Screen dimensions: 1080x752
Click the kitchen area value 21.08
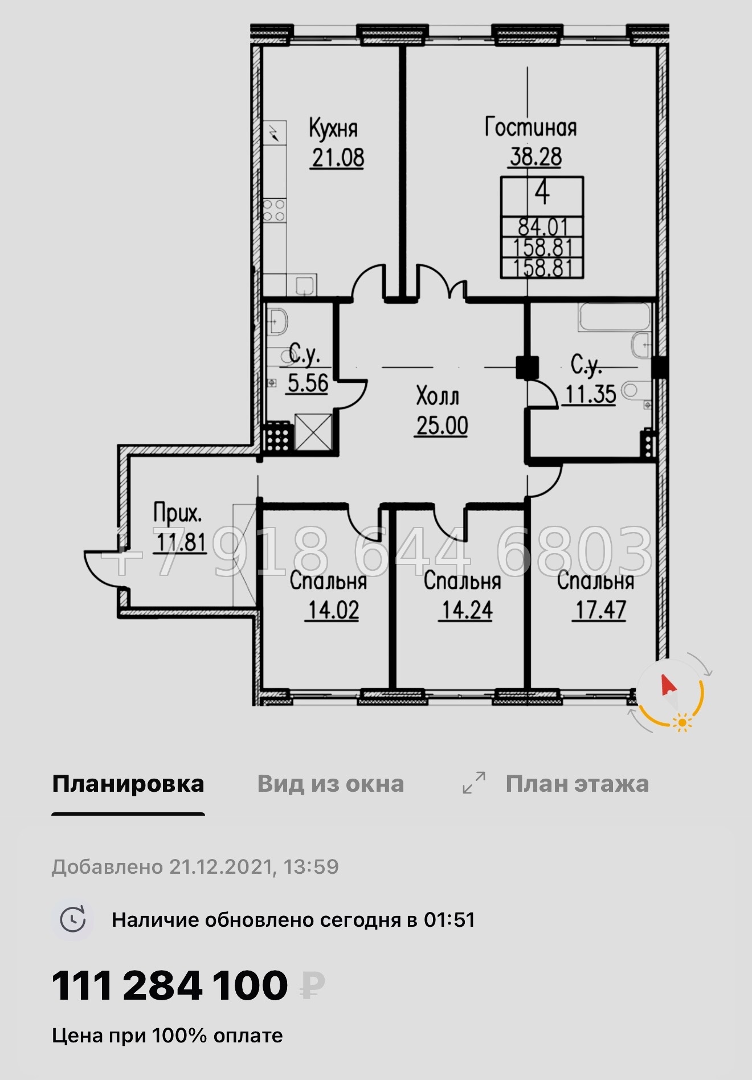click(x=338, y=158)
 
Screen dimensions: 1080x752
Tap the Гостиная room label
click(x=530, y=128)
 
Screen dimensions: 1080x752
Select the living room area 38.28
click(x=535, y=157)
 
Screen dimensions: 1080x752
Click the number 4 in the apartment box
click(x=542, y=193)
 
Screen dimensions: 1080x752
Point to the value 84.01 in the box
click(x=542, y=227)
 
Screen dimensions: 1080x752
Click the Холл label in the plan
click(x=438, y=396)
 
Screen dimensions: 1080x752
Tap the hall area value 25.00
click(x=442, y=426)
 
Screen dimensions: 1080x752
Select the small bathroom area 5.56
click(x=308, y=383)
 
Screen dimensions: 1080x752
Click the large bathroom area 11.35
click(x=590, y=394)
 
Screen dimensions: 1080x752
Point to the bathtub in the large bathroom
click(x=614, y=317)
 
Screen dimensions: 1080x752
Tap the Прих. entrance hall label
click(x=177, y=514)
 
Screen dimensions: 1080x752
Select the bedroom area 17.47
click(x=600, y=610)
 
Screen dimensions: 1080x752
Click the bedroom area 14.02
click(x=333, y=611)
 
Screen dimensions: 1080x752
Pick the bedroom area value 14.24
click(x=467, y=611)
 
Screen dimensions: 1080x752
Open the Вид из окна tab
click(x=330, y=784)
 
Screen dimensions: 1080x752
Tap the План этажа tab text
click(x=577, y=784)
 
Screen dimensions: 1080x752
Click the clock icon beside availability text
click(x=73, y=920)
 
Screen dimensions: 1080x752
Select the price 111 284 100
click(x=170, y=986)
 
